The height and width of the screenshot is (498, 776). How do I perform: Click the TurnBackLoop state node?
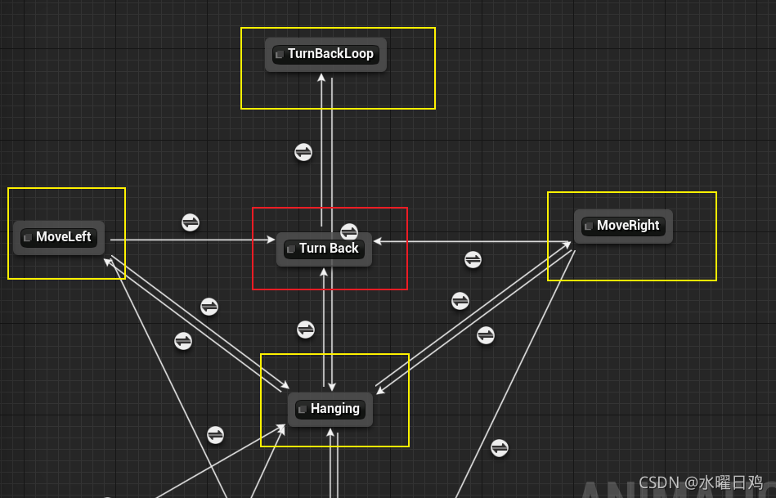325,55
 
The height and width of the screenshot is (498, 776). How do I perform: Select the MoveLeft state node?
59,238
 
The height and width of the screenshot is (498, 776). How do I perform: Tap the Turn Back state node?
324,249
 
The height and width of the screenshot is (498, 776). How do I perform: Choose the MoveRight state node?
623,226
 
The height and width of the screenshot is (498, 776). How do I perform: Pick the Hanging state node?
330,409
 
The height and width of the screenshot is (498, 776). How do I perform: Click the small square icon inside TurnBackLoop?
279,55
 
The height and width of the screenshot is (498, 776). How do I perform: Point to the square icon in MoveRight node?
588,227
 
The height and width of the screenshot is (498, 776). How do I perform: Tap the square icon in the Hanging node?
302,409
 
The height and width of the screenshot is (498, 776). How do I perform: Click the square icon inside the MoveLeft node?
28,238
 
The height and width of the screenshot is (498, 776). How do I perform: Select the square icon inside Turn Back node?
290,249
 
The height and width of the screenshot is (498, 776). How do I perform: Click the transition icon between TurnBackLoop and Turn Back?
303,152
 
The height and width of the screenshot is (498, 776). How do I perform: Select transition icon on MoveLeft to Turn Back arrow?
191,222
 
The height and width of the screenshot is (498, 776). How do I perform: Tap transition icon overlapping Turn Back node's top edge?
349,231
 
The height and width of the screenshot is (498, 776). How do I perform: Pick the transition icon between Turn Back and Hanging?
306,330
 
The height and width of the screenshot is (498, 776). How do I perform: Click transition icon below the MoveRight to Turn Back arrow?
473,259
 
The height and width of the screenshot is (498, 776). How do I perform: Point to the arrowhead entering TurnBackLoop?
322,78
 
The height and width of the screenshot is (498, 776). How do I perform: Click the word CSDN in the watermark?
658,482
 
